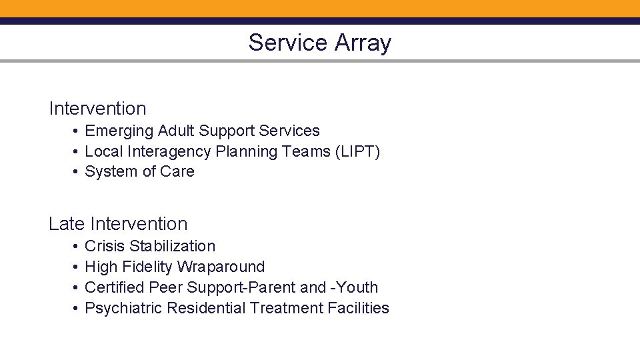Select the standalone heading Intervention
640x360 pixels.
point(97,108)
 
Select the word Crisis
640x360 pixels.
point(105,247)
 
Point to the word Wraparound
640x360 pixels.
point(221,267)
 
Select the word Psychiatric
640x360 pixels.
point(124,308)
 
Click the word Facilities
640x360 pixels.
point(359,308)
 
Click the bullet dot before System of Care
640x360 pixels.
point(77,172)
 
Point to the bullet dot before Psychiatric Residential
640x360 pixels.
point(77,309)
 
